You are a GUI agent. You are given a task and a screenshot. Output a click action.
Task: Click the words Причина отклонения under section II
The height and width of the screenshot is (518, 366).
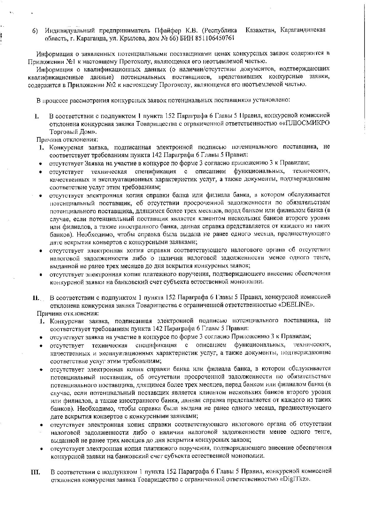tap(68, 313)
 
